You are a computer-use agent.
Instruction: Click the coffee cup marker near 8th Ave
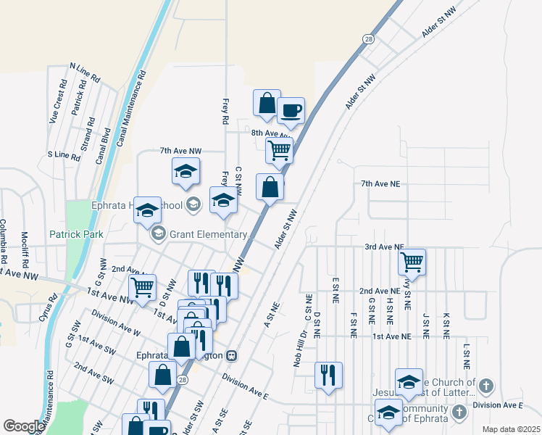[x=291, y=111]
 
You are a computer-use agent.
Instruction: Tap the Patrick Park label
[x=76, y=234]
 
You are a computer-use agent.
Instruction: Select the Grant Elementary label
[x=209, y=234]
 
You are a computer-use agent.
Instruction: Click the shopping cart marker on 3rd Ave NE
[x=412, y=261]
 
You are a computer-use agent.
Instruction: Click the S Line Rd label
[x=63, y=155]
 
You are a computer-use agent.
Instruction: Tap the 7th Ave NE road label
[x=380, y=184]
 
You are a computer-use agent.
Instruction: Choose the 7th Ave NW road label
[x=179, y=151]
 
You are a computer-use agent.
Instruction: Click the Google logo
[x=24, y=426]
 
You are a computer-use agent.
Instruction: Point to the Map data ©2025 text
[x=511, y=429]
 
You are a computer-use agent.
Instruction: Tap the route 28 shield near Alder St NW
[x=369, y=40]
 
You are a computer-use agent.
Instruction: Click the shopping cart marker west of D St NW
[x=142, y=286]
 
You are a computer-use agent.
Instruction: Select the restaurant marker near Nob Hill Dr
[x=328, y=375]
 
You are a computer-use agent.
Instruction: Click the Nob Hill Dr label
[x=301, y=347]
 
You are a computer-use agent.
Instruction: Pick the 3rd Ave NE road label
[x=384, y=246]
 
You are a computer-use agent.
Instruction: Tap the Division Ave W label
[x=115, y=323]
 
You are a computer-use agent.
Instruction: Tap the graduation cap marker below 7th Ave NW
[x=186, y=173]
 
